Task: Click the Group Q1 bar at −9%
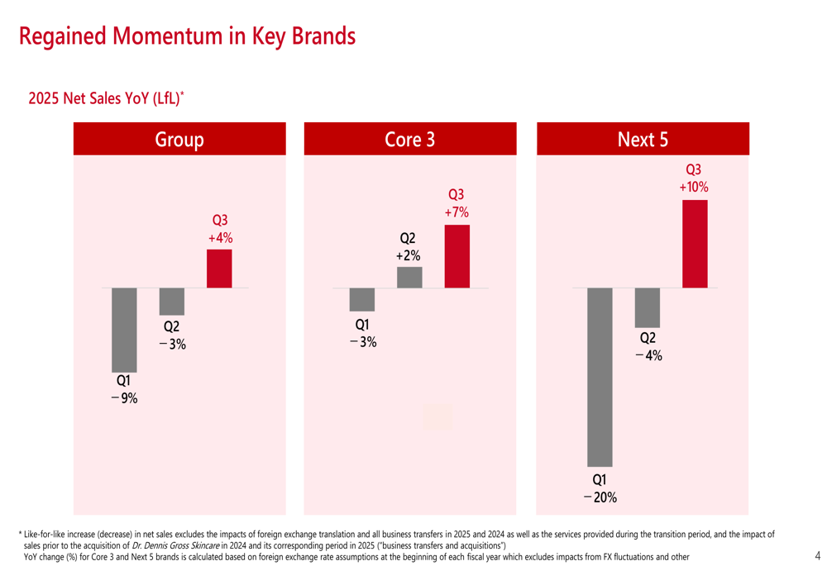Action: pos(124,330)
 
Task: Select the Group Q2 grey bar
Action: pos(171,302)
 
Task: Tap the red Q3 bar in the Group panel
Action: pos(219,269)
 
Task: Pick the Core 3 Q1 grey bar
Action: pos(361,299)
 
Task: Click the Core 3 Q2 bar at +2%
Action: pos(409,278)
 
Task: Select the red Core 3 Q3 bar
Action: pos(457,256)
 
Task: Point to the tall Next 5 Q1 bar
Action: pos(600,377)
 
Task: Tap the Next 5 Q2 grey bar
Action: pos(647,307)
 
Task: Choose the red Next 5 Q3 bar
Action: pos(695,244)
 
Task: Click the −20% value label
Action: pos(600,497)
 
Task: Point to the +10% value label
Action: pos(694,188)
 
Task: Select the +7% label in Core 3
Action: pos(456,212)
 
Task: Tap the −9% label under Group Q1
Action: pos(124,398)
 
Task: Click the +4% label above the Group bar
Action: pos(220,238)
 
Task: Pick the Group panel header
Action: pos(179,140)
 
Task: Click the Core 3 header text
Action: pos(409,140)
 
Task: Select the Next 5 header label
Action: pos(643,140)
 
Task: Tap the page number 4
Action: pos(817,555)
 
